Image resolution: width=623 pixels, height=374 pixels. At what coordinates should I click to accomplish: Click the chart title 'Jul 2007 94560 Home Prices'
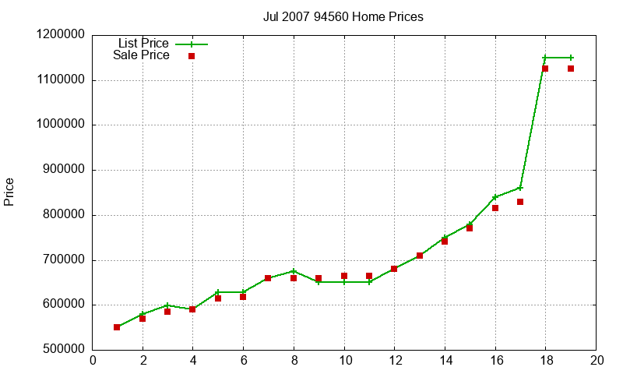pos(343,16)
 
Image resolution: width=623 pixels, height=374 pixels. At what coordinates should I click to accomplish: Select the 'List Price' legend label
pos(143,44)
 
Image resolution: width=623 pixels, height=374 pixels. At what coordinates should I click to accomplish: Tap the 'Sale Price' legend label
pos(141,55)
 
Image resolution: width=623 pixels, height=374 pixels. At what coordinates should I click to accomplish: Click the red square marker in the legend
pos(192,56)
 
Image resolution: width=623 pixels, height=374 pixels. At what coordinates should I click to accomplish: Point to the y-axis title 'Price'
pos(9,192)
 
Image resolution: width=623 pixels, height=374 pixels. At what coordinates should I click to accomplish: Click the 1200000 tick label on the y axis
pos(61,35)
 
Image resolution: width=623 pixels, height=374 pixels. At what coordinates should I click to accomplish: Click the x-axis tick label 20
pos(597,360)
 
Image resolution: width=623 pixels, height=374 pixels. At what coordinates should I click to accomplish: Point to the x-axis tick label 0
pos(93,360)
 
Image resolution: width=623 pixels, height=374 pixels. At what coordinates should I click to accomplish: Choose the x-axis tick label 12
pos(395,360)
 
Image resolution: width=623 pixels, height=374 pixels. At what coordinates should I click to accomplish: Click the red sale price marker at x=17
pos(520,202)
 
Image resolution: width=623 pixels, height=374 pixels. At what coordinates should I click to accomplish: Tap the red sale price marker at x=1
pos(117,327)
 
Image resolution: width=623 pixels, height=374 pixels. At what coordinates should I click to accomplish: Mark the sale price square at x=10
pos(344,276)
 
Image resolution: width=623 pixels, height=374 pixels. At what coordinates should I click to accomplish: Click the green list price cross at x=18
pos(545,58)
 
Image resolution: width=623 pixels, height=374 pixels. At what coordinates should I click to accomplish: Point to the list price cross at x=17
pos(520,188)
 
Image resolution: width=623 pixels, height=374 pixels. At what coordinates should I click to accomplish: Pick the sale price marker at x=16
pos(495,208)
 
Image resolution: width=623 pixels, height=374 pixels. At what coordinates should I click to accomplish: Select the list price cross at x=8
pos(294,271)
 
